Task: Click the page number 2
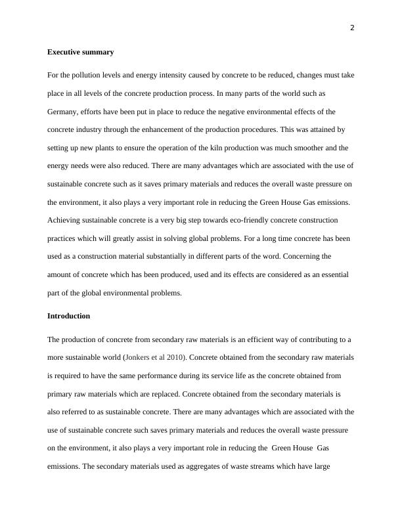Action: (352, 28)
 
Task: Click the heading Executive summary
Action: (80, 52)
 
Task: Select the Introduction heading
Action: (68, 316)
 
